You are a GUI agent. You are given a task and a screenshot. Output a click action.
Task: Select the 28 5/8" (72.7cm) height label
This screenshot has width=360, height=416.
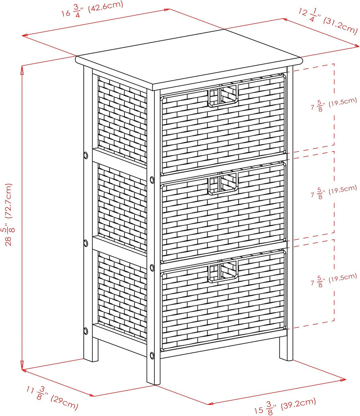(9, 214)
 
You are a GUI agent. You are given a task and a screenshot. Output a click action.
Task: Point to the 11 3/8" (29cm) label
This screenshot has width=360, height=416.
(52, 398)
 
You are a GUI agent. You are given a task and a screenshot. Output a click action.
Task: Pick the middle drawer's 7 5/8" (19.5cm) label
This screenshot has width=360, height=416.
(334, 191)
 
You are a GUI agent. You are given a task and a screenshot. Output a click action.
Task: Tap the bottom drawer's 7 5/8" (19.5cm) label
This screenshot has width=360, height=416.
(334, 280)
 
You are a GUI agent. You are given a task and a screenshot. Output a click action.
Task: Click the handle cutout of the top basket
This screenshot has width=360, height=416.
(222, 96)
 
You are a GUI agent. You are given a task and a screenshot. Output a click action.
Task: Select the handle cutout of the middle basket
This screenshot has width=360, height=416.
(222, 183)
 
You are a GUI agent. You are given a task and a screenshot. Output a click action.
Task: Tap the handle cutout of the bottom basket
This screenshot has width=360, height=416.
(222, 271)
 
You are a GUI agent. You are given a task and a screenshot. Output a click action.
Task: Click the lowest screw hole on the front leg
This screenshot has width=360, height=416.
(152, 356)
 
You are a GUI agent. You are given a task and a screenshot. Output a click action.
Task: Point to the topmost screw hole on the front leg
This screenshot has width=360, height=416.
(152, 180)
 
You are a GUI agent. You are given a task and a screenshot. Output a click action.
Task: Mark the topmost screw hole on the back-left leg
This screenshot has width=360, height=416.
(85, 155)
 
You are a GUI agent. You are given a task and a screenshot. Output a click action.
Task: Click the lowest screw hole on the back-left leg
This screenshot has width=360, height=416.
(85, 331)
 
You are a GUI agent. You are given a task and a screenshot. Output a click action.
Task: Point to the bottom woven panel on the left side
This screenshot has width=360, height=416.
(122, 296)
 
